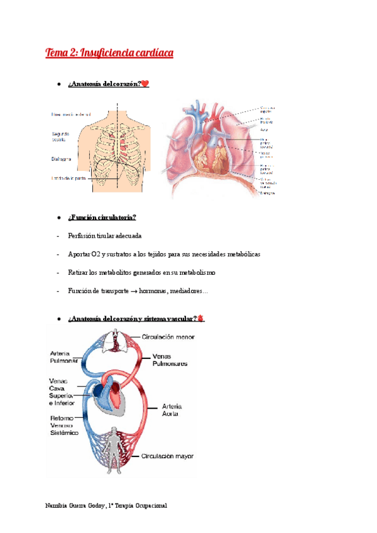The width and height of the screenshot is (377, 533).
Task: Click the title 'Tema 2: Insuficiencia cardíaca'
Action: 109,53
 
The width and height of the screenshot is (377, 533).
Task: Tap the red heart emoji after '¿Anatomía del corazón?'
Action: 145,84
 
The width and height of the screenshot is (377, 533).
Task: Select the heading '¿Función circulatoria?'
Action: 102,217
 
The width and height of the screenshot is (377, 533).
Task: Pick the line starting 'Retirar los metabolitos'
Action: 141,273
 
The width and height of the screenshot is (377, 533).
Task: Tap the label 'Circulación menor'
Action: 168,337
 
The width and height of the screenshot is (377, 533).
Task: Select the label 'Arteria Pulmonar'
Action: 65,357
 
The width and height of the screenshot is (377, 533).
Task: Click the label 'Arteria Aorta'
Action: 170,410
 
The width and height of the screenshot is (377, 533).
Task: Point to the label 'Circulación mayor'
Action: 168,456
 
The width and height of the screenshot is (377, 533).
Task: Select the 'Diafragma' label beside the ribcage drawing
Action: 62,160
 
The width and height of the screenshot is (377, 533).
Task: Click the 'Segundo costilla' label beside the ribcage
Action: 62,136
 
